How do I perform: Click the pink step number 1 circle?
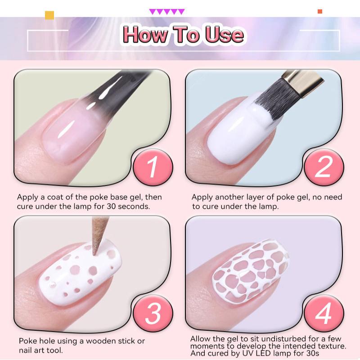click(153, 167)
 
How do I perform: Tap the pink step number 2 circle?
click(324, 167)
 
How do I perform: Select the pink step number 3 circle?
click(153, 313)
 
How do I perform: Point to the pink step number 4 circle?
click(324, 313)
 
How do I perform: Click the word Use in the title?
click(224, 35)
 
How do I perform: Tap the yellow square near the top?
click(49, 15)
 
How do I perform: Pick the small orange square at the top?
click(320, 11)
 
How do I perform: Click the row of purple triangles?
click(167, 12)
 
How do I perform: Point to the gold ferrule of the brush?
click(302, 82)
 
